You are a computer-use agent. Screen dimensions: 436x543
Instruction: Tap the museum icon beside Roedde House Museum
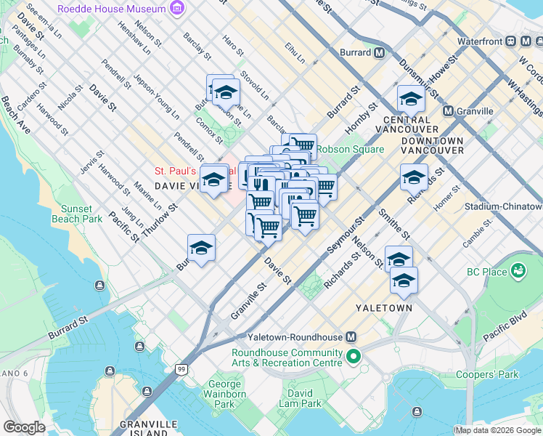pyautogui.click(x=176, y=9)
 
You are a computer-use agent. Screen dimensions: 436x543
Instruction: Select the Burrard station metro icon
pyautogui.click(x=379, y=52)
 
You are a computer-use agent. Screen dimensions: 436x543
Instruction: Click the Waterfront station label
pyautogui.click(x=480, y=41)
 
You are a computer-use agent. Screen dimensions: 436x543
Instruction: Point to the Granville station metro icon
pyautogui.click(x=448, y=111)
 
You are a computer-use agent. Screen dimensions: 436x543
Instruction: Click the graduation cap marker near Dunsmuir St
pyautogui.click(x=411, y=100)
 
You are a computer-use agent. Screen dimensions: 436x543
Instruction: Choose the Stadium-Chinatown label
pyautogui.click(x=507, y=206)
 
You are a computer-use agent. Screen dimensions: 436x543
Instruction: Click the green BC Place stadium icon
pyautogui.click(x=518, y=271)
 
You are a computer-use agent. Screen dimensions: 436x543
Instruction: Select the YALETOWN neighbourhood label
pyautogui.click(x=384, y=308)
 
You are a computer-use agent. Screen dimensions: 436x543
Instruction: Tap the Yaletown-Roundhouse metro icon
pyautogui.click(x=351, y=337)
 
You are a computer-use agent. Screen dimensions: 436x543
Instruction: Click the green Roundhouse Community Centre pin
pyautogui.click(x=354, y=356)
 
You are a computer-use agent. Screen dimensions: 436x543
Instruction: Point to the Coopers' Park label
pyautogui.click(x=487, y=375)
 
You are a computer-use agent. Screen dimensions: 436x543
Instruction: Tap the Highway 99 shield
pyautogui.click(x=180, y=370)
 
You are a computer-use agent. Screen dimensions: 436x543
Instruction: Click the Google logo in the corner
pyautogui.click(x=24, y=427)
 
